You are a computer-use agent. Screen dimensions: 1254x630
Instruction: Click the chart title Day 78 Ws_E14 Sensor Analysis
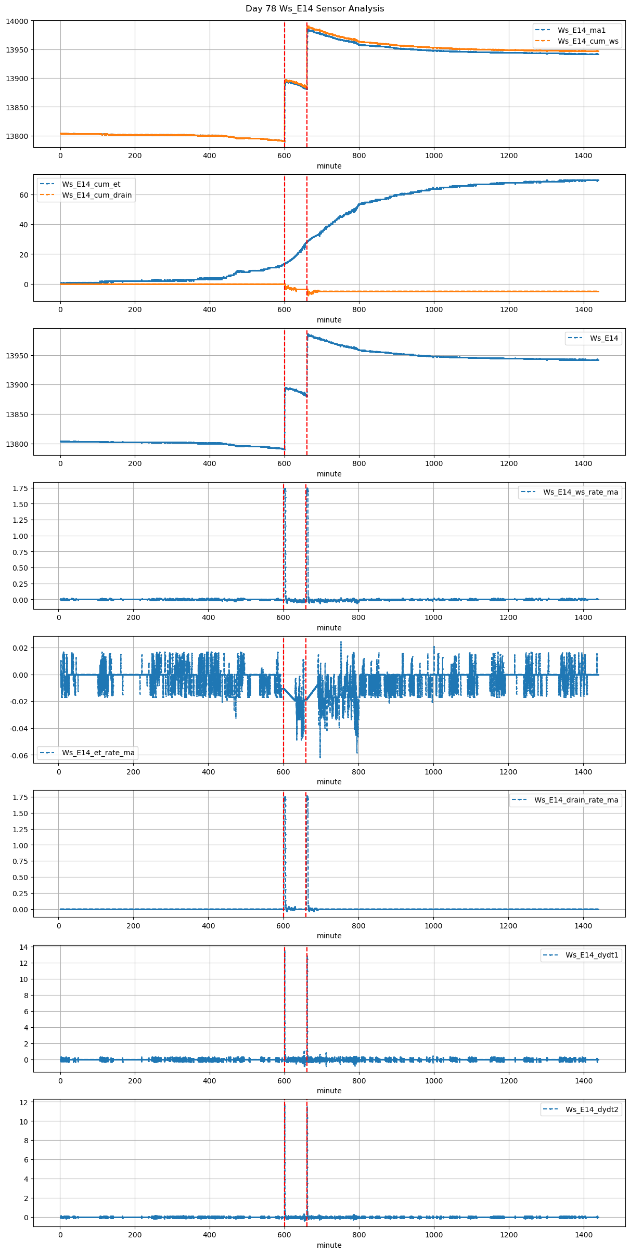coord(315,9)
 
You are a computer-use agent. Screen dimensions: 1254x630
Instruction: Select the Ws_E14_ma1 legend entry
coord(581,30)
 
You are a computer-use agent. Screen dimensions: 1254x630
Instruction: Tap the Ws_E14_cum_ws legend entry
coord(588,41)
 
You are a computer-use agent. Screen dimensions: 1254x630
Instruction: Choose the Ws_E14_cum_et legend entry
coord(91,184)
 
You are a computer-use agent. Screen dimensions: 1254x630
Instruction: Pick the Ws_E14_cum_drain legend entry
coord(97,195)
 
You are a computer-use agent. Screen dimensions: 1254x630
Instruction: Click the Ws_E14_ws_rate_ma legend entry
coord(581,492)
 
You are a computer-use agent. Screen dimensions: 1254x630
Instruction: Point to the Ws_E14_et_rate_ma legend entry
coord(98,753)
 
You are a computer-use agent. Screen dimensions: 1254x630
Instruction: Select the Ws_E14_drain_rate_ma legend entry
coord(576,800)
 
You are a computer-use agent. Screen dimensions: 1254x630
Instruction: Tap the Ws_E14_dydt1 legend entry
coord(592,955)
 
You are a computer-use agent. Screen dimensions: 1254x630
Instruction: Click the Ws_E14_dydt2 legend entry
coord(592,1109)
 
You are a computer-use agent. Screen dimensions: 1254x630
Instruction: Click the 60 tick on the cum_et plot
coord(24,195)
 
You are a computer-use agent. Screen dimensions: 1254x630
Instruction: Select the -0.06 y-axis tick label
coord(21,755)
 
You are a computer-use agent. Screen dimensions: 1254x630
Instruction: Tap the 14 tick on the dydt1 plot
coord(24,947)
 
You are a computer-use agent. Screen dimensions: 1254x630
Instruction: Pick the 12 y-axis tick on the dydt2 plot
coord(24,1102)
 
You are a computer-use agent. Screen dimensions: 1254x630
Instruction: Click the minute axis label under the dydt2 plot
coord(329,1245)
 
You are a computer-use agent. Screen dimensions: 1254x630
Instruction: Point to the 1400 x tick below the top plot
coord(584,156)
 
